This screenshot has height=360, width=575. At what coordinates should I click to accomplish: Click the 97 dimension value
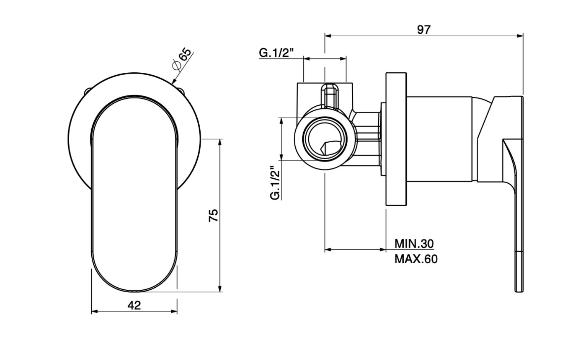coord(424,30)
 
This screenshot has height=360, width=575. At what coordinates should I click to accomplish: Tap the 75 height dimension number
coord(213,215)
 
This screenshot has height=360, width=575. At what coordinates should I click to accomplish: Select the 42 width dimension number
coord(134,306)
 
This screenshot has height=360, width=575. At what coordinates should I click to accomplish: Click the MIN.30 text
coord(414,243)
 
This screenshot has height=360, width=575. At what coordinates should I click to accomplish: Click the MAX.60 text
coord(416,259)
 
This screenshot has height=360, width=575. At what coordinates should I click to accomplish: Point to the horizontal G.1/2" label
coord(276,53)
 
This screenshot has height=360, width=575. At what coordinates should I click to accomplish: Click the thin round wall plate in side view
coord(396,139)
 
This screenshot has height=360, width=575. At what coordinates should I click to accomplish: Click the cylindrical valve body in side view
coord(439,139)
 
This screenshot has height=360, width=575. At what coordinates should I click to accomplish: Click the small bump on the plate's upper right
coord(182,91)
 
